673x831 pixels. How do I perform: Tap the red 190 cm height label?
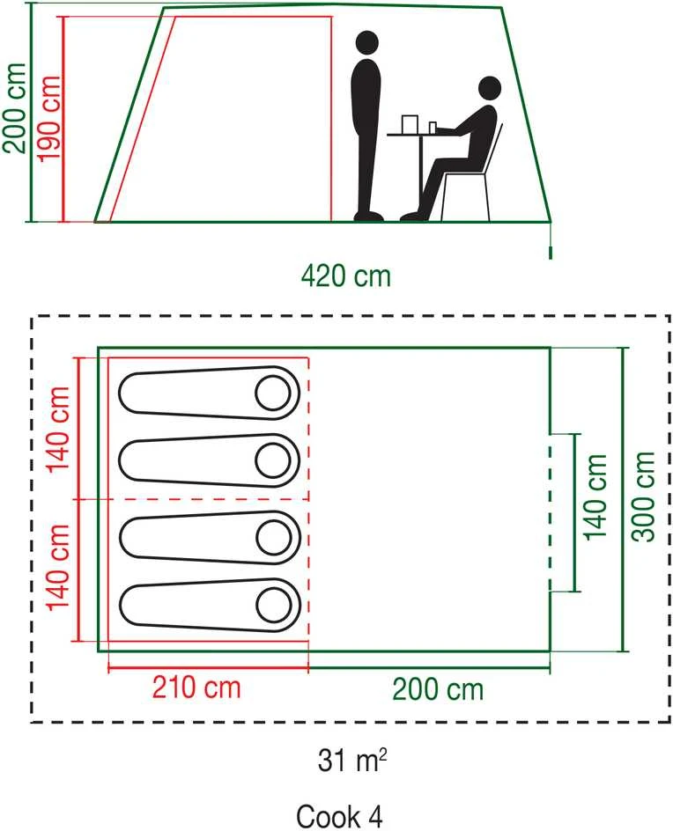(48, 118)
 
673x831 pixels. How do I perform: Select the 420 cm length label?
(346, 276)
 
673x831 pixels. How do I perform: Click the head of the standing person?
(367, 43)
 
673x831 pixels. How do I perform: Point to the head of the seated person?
(490, 89)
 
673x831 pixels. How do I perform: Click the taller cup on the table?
(409, 124)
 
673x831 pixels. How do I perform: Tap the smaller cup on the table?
(433, 128)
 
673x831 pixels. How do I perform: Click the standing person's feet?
(368, 217)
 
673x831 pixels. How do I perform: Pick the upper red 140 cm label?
(58, 430)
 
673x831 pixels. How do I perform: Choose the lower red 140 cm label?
(58, 567)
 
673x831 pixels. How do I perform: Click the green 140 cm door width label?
(595, 497)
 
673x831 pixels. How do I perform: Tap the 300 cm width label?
(644, 497)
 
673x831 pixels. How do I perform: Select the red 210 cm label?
(196, 688)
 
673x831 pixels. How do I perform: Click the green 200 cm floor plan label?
(438, 689)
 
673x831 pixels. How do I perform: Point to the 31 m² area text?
(352, 761)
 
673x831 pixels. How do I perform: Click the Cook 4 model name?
(339, 816)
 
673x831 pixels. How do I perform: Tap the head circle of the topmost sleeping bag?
(272, 393)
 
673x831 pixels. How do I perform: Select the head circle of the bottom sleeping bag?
(274, 605)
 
